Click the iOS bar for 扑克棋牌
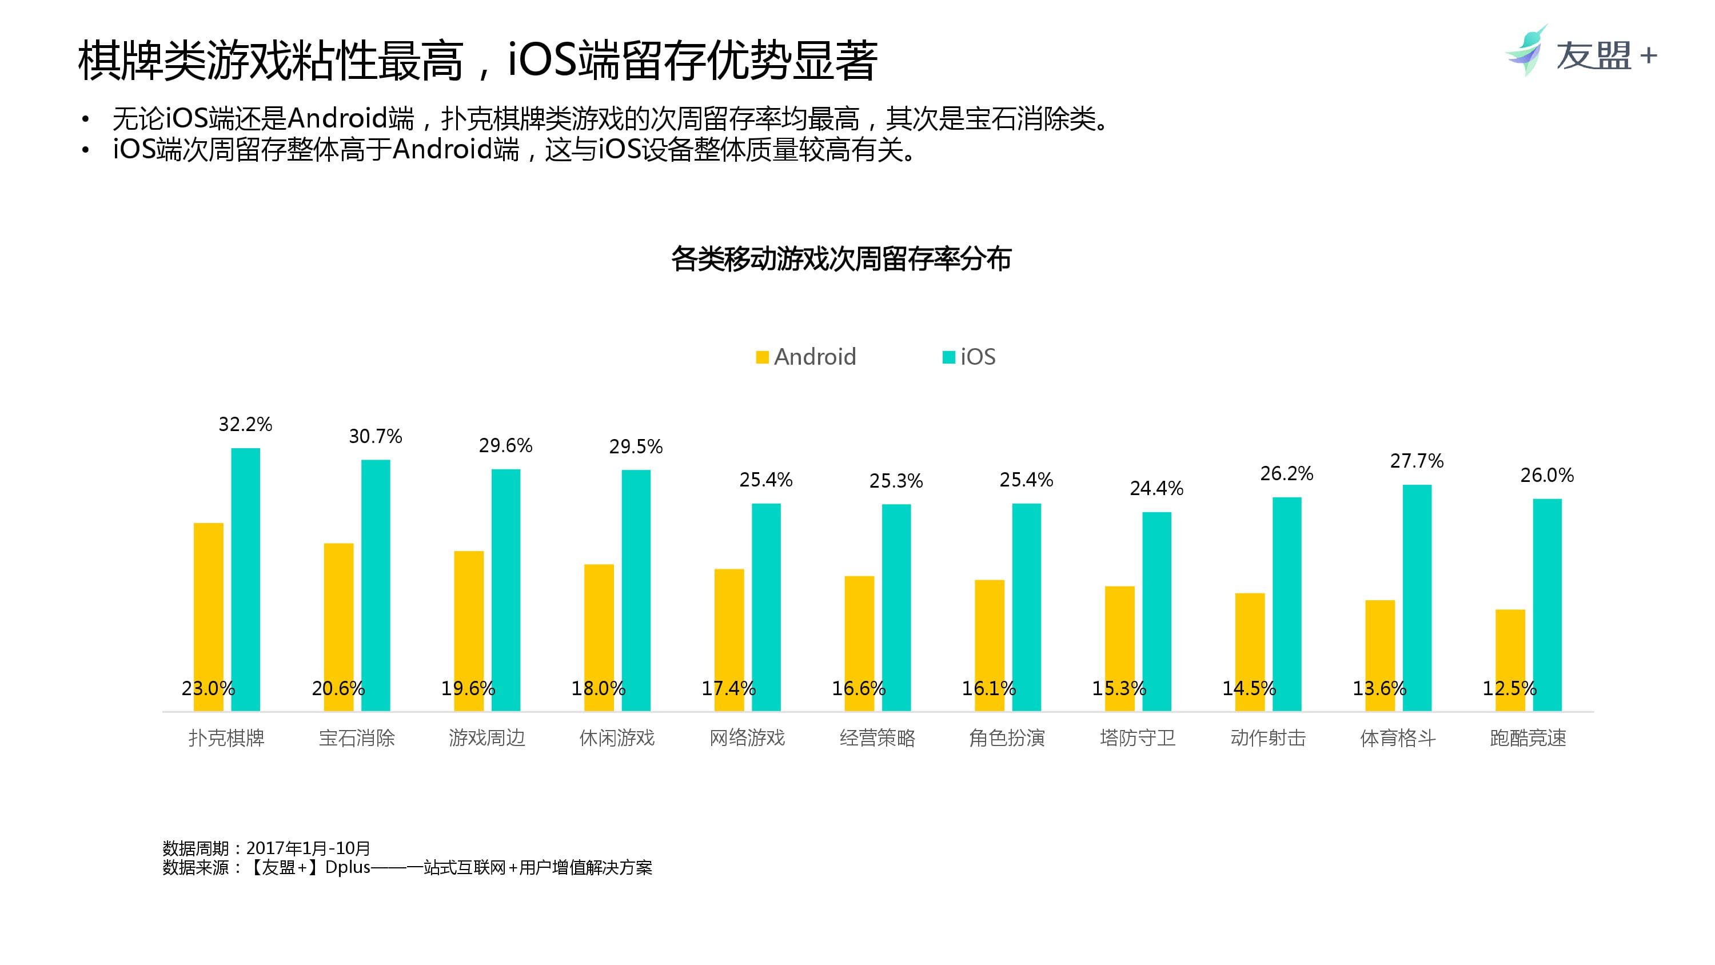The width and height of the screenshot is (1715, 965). (x=245, y=579)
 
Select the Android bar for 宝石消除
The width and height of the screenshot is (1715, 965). (x=338, y=626)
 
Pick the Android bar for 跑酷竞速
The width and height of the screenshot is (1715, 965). (x=1510, y=659)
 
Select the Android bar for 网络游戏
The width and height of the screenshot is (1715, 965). (x=729, y=639)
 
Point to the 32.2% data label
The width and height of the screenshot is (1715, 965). (x=245, y=424)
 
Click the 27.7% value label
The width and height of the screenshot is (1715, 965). (x=1417, y=461)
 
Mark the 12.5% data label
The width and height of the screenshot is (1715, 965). (x=1509, y=688)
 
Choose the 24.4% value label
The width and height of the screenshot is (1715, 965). (x=1156, y=489)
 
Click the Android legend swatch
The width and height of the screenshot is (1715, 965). (x=762, y=358)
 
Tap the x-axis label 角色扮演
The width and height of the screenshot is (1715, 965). (x=1007, y=738)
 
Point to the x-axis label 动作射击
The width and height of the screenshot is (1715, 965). (x=1267, y=738)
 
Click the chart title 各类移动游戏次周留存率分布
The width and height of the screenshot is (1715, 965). (x=841, y=258)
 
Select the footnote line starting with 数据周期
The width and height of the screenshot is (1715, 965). (x=266, y=848)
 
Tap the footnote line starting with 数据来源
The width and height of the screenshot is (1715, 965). (x=407, y=867)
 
